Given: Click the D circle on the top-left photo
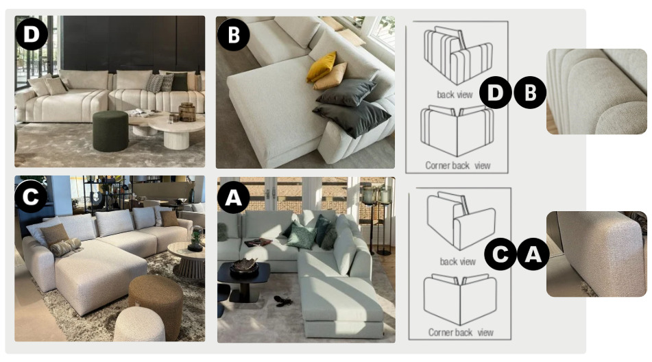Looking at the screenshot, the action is tap(31, 34).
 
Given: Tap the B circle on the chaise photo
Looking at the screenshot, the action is tap(233, 34).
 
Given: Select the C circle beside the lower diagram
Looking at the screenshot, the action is tap(500, 254).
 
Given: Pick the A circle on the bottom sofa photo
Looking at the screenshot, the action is tap(233, 197).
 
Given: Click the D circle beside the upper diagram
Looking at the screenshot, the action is tap(495, 93).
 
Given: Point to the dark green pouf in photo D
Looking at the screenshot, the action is tap(110, 131).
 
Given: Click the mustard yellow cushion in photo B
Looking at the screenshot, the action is tap(322, 67).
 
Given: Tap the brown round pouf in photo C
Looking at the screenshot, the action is tap(156, 306).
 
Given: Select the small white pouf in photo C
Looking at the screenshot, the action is tap(139, 324).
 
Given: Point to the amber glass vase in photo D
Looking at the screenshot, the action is tap(187, 112).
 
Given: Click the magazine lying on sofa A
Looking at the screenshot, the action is tap(258, 242).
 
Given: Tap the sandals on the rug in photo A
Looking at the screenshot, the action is tap(282, 301).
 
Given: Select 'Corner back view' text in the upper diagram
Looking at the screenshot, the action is tap(457, 165).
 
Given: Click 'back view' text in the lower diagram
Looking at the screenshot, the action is tap(457, 261).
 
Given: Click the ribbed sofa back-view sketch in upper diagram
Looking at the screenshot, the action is tap(458, 55).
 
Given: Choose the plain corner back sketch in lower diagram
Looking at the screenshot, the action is tap(460, 299).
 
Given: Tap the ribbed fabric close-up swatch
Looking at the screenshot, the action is tap(596, 91).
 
